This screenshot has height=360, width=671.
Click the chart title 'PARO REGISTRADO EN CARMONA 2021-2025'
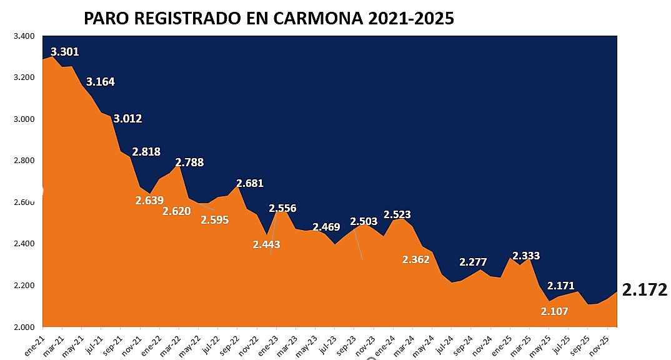click(269, 18)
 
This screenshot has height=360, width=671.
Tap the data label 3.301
click(65, 52)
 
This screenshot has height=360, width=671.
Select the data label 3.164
click(101, 82)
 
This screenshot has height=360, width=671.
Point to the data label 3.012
click(127, 119)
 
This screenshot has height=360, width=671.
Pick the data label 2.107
click(555, 311)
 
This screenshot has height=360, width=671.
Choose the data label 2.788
click(189, 162)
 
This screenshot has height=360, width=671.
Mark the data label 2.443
click(267, 244)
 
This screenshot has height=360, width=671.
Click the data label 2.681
click(249, 183)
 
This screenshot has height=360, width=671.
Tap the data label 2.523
click(397, 214)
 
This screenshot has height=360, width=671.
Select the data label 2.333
click(526, 256)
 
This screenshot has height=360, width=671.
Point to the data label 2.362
click(416, 259)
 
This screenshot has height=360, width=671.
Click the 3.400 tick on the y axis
click(24, 36)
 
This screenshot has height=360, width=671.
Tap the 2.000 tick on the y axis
click(24, 327)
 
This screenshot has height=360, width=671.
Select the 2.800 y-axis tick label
click(24, 161)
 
